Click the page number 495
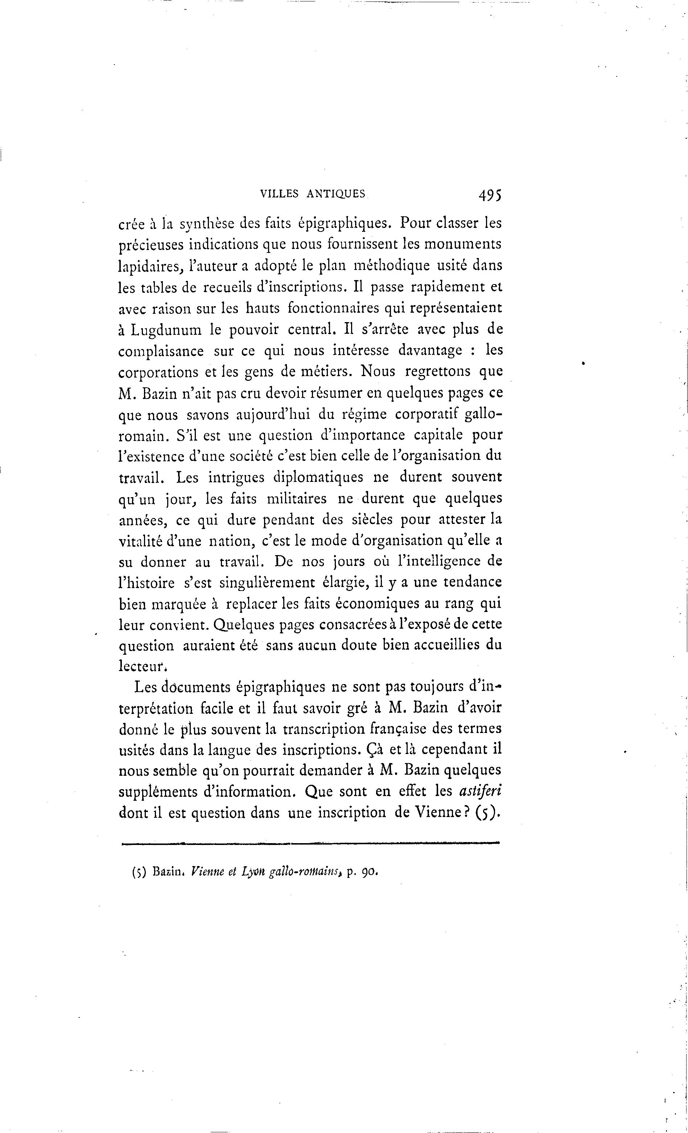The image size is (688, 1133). (x=489, y=195)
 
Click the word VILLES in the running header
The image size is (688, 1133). (x=279, y=194)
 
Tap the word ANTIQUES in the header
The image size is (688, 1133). (x=336, y=194)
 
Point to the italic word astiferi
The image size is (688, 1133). (x=481, y=791)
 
